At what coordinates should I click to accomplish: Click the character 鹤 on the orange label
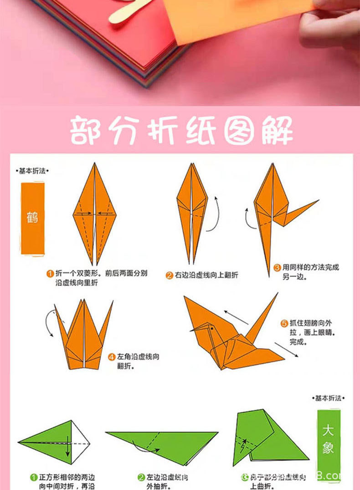tap(32, 217)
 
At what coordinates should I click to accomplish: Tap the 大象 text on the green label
tap(328, 439)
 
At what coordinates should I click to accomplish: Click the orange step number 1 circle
tap(50, 274)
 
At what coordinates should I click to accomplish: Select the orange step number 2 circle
tap(169, 275)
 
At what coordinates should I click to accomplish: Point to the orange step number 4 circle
tap(112, 357)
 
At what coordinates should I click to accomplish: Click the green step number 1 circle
tap(34, 477)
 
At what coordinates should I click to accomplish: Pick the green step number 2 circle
tap(141, 477)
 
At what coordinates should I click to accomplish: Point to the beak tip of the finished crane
tap(190, 330)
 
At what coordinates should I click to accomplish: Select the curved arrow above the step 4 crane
tap(49, 322)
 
